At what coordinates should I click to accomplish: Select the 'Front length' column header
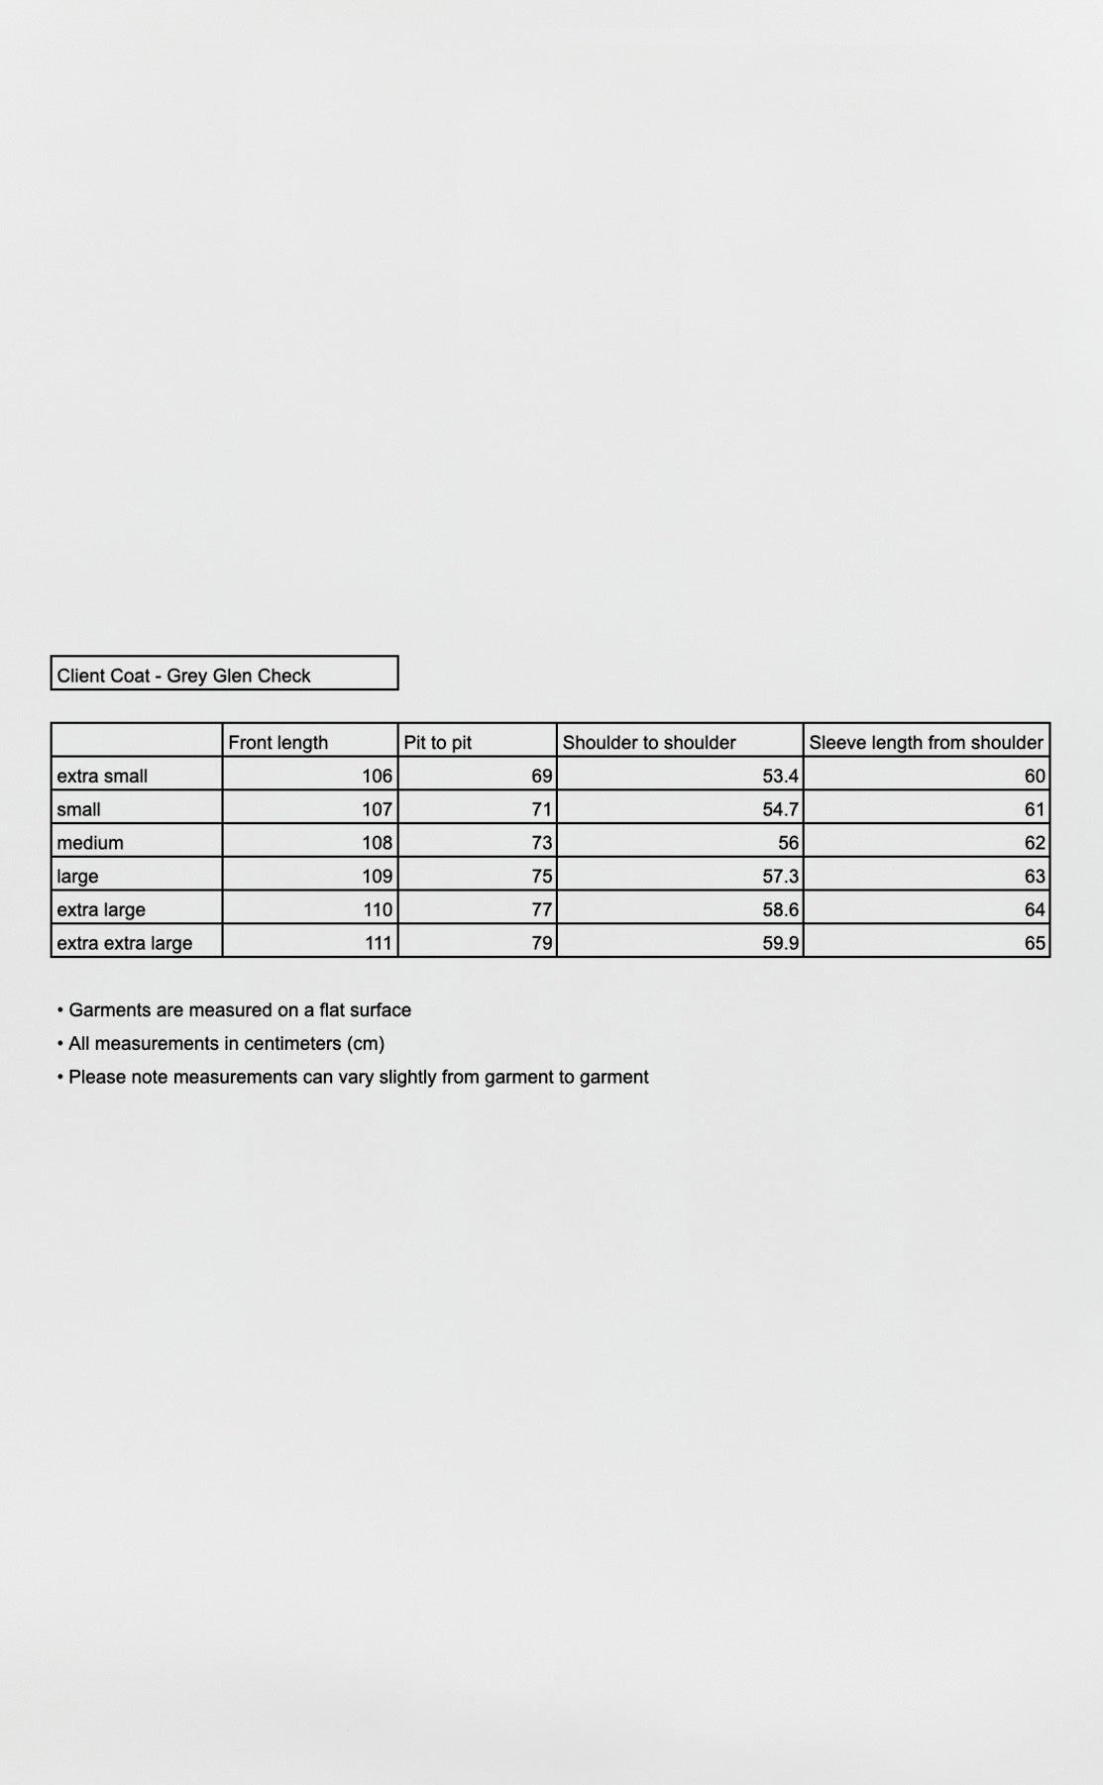[x=277, y=742]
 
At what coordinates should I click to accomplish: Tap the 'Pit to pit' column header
[x=437, y=742]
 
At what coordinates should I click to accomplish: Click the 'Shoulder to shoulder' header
[x=649, y=742]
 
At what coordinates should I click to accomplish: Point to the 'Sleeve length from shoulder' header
[x=926, y=742]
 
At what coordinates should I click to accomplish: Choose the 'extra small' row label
[x=102, y=776]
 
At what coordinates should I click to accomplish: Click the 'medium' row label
[x=90, y=843]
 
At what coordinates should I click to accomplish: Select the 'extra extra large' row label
[x=125, y=943]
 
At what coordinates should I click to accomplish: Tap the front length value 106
[x=378, y=776]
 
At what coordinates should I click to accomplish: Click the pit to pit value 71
[x=541, y=809]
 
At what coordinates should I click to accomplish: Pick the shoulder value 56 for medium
[x=788, y=843]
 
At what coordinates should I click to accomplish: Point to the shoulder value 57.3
[x=780, y=877]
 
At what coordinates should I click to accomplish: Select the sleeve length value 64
[x=1035, y=909]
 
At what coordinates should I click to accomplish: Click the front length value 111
[x=378, y=943]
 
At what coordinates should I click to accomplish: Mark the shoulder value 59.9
[x=780, y=943]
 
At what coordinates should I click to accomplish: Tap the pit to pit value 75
[x=541, y=877]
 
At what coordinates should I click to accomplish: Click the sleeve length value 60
[x=1035, y=776]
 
